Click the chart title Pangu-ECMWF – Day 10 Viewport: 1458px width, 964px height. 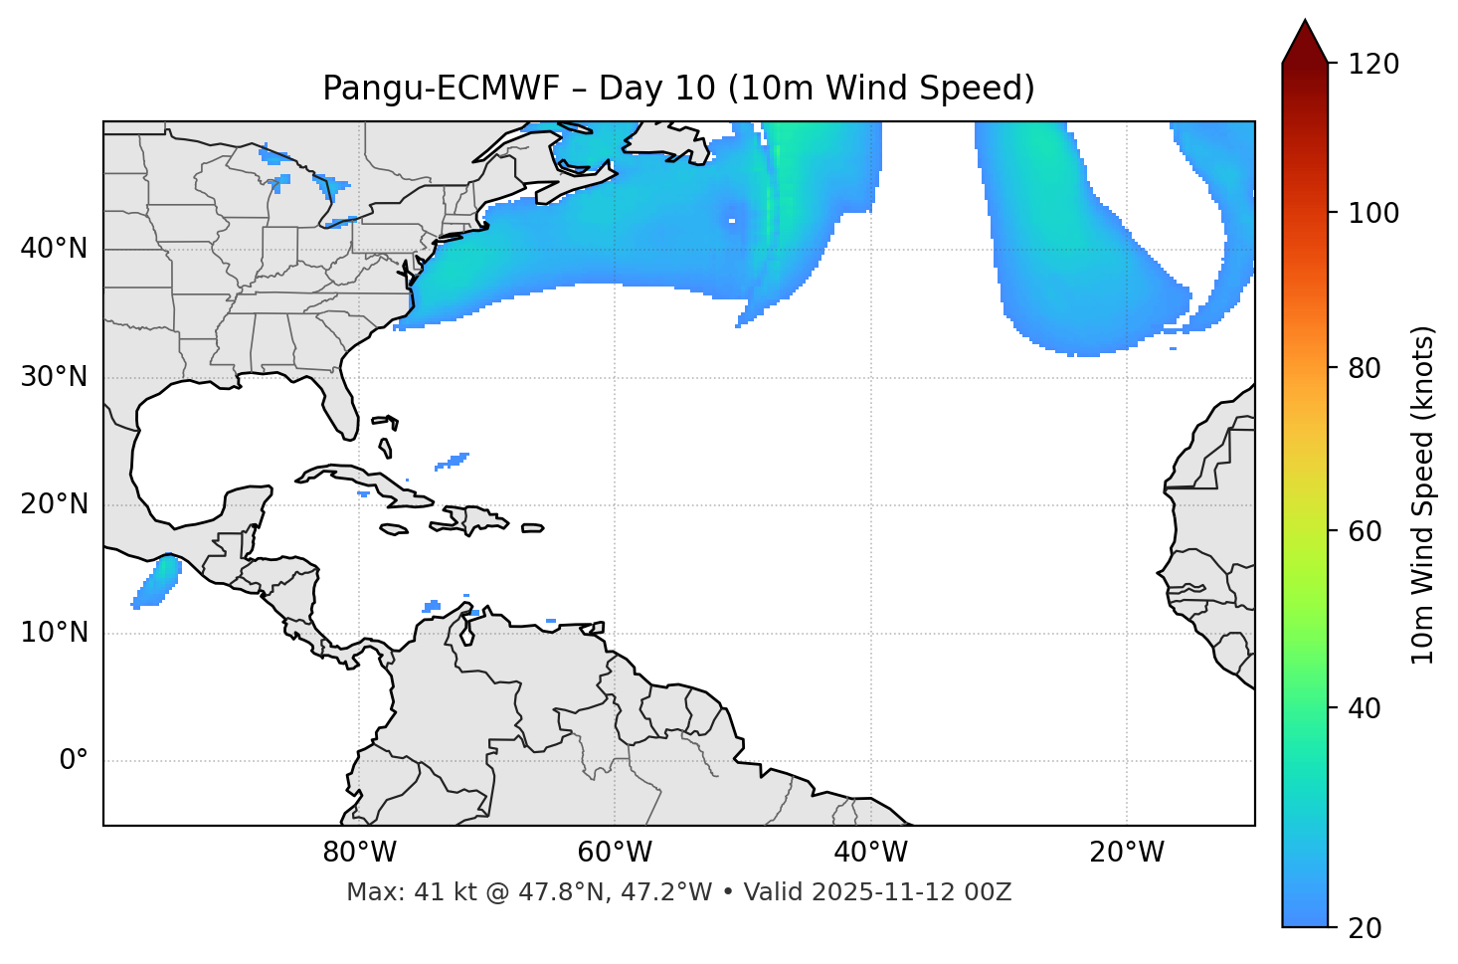[x=678, y=89]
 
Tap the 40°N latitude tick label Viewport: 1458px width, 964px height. [x=54, y=249]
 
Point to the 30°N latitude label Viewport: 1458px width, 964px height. [x=54, y=377]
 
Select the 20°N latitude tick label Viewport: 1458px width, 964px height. [x=54, y=504]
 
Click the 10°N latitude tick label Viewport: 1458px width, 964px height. [x=54, y=633]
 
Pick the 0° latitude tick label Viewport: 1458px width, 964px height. [x=74, y=761]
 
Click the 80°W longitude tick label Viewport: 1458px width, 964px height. [x=359, y=853]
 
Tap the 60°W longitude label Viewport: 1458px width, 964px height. [x=615, y=853]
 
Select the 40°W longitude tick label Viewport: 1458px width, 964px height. [x=870, y=853]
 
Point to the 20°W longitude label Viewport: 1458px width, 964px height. [x=1126, y=853]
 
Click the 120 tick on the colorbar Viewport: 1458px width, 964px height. [x=1372, y=65]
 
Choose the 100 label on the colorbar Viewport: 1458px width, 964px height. [x=1372, y=213]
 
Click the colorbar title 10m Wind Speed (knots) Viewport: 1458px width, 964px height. [x=1423, y=495]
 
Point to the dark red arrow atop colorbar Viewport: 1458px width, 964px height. [x=1305, y=43]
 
